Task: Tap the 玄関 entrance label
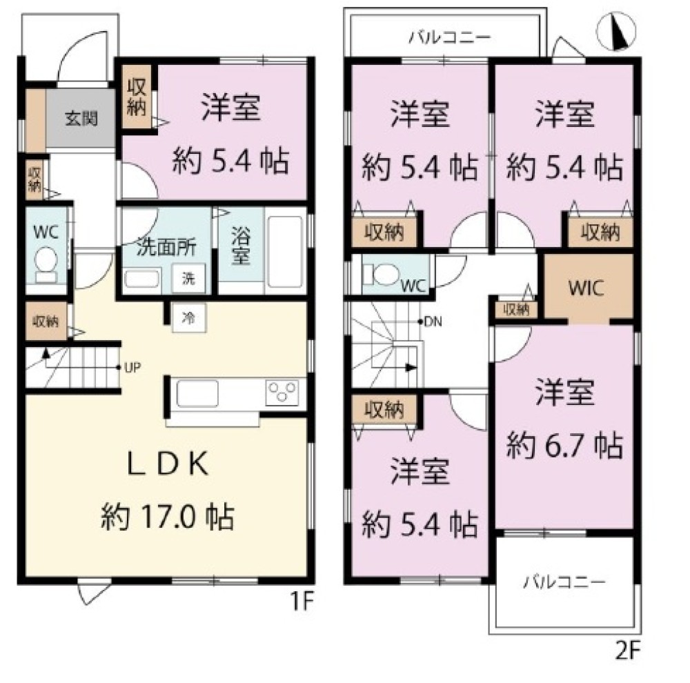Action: pos(81,118)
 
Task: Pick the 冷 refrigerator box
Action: pos(188,318)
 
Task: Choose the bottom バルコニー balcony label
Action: pos(562,581)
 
